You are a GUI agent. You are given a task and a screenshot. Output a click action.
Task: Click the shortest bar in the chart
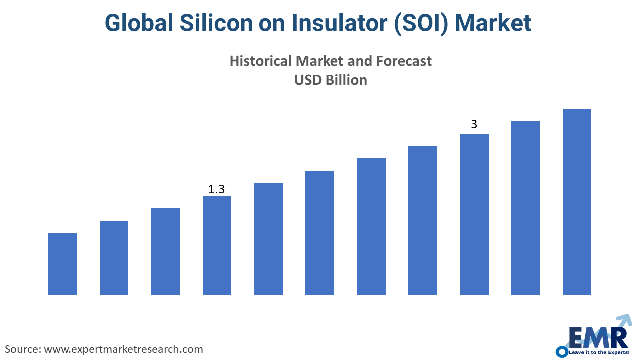[x=62, y=264]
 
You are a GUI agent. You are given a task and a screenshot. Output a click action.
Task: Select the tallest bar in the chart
[x=577, y=202]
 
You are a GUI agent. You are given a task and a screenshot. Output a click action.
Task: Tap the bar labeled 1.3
[x=217, y=245]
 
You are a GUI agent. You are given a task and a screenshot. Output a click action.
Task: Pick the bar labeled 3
[x=474, y=214]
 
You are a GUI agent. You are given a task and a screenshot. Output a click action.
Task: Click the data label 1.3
[x=216, y=189]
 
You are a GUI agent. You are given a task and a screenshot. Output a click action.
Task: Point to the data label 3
[x=474, y=124]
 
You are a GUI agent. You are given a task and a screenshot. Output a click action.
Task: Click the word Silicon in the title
[x=216, y=23]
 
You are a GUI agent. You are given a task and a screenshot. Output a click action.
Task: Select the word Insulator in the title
[x=340, y=23]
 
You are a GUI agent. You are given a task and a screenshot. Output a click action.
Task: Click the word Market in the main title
[x=493, y=23]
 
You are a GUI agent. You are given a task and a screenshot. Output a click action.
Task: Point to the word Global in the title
[x=139, y=23]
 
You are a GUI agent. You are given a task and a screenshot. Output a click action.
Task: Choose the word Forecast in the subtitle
[x=404, y=61]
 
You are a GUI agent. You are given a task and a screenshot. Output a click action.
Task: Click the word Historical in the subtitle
[x=261, y=61]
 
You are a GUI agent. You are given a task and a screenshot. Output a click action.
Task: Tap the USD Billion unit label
[x=331, y=80]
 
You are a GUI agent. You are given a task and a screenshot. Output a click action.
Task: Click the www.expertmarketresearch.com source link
[x=123, y=349]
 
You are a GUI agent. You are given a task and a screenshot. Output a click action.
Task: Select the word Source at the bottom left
[x=23, y=349]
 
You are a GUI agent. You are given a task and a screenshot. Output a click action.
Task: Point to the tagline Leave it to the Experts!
[x=599, y=352]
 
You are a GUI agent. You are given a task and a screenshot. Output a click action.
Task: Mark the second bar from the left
[x=114, y=258]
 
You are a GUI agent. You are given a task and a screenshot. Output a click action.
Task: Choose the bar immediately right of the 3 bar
[x=525, y=208]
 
